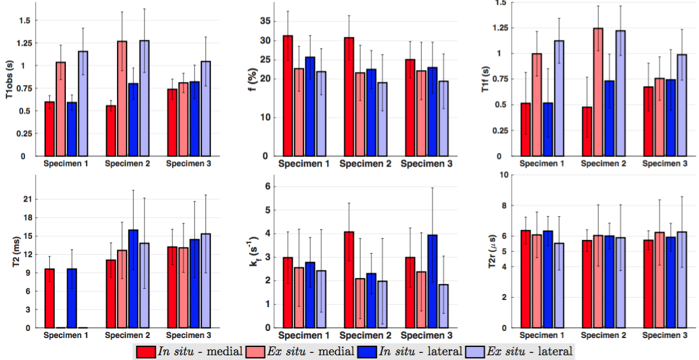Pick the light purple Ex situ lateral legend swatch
tap(475, 351)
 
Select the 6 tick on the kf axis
tap(267, 187)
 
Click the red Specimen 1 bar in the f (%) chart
tap(288, 96)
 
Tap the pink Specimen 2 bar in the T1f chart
tap(598, 92)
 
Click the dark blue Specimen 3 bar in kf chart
tap(432, 281)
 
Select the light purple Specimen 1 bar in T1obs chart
tap(83, 103)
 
